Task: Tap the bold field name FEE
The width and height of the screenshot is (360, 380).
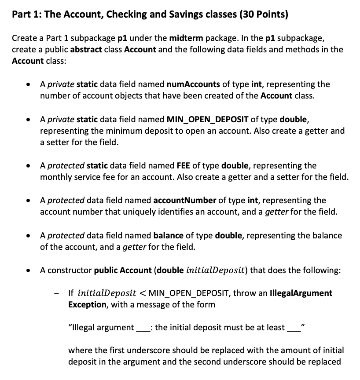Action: [183, 165]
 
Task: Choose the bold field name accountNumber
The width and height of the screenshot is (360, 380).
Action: [184, 200]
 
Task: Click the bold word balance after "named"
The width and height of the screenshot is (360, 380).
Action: [168, 235]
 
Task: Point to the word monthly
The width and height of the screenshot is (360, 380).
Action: [56, 177]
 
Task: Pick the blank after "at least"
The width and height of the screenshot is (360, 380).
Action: [293, 328]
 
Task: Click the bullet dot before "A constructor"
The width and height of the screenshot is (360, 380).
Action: [29, 270]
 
